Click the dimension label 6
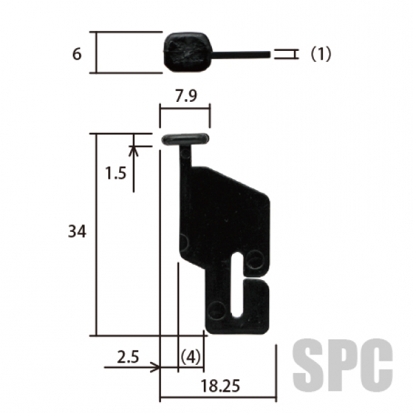[x=77, y=54]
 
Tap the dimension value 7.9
[x=186, y=96]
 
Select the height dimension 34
[x=77, y=232]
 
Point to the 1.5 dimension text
[x=116, y=173]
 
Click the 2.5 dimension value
[x=128, y=357]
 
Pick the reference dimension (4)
[x=191, y=357]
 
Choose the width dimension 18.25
[x=220, y=386]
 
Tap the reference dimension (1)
[x=321, y=54]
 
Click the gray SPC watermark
[x=343, y=366]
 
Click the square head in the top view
[x=187, y=52]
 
